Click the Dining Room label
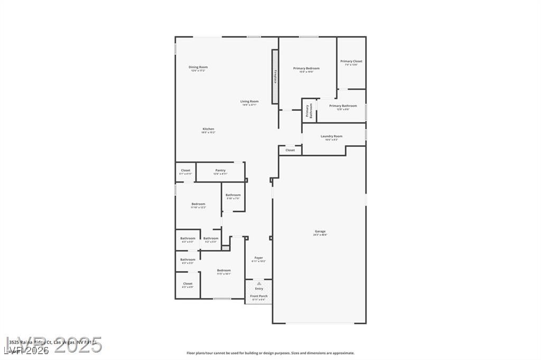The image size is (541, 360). coord(199,67)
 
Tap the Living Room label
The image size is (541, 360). coord(249,101)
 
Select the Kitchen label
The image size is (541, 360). coord(208,129)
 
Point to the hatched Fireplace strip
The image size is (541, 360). coord(275,77)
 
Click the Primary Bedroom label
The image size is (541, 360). coord(306,68)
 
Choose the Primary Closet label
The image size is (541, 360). coord(351,61)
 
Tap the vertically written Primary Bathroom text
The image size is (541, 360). coord(309,110)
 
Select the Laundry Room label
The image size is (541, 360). coord(331,136)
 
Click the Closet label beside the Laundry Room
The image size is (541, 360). coord(290,150)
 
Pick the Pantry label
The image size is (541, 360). coord(220,170)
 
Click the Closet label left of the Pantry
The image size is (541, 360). coord(185,170)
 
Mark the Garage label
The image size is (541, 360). coord(320,231)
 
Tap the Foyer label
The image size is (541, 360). coord(258,258)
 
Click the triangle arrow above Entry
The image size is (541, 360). coord(259,283)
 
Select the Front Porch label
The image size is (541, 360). coord(259,296)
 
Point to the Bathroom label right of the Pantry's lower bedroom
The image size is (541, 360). coord(233,195)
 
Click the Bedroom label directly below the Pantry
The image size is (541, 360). coord(198,204)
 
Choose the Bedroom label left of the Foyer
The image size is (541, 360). coord(223,270)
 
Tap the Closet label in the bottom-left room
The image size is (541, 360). coord(188,283)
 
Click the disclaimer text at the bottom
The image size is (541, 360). coord(270,353)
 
